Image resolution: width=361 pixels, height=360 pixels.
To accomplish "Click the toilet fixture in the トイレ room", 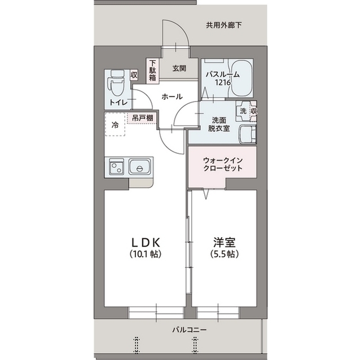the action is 118,83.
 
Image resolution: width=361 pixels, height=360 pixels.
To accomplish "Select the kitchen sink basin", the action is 140,167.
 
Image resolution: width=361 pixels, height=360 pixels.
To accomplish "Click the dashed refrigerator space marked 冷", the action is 115,124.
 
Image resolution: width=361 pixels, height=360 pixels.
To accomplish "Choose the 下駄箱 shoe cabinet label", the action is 152,70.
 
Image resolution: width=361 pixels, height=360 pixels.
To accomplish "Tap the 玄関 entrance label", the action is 179,68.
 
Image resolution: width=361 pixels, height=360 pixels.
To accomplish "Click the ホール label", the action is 172,96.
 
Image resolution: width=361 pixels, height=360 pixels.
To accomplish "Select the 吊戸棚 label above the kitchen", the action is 143,118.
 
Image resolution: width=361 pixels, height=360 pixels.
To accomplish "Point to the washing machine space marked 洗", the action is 243,111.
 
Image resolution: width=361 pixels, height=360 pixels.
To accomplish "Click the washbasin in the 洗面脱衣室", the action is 248,134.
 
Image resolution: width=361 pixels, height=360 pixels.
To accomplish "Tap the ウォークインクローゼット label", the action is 223,164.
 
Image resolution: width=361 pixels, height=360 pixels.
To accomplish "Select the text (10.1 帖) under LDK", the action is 145,254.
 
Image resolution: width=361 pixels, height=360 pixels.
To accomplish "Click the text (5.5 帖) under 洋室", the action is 224,254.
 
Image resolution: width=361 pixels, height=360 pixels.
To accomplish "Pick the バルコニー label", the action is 190,330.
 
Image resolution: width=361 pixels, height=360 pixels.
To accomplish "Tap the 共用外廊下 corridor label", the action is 223,25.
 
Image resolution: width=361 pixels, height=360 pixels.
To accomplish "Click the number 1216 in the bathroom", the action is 223,82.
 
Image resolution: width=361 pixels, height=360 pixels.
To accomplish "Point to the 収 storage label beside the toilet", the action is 134,75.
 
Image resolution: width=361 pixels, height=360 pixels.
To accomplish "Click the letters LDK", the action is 146,242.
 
